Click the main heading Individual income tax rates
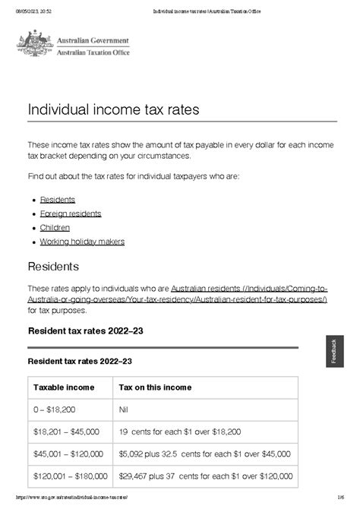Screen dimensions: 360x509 (113, 109)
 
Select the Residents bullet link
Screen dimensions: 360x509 (58, 199)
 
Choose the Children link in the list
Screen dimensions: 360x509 (55, 227)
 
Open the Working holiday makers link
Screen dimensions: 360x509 (82, 242)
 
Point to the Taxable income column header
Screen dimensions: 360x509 (64, 387)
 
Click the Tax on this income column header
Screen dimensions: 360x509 (155, 387)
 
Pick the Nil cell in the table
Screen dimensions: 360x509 (124, 409)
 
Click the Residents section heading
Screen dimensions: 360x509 (53, 267)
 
